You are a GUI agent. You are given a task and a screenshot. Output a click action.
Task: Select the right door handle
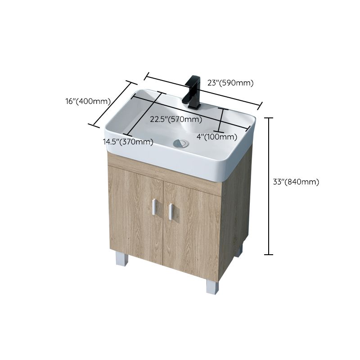(171, 211)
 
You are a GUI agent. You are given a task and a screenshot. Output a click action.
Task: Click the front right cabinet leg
(212, 287)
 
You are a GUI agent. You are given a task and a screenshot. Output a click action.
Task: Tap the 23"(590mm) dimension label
(231, 83)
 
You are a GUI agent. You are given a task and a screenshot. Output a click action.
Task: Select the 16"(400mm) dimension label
(88, 101)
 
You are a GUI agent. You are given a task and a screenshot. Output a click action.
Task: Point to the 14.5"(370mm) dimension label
(128, 142)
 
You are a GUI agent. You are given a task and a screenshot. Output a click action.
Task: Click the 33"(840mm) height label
(296, 182)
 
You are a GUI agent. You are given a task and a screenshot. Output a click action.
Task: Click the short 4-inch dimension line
(221, 119)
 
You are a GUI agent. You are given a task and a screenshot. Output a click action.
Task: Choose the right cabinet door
(191, 229)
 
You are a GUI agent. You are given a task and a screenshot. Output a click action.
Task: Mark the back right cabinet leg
(238, 250)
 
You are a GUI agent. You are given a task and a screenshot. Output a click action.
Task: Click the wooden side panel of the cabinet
(235, 202)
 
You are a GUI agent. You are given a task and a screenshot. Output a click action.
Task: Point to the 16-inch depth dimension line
(113, 104)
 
